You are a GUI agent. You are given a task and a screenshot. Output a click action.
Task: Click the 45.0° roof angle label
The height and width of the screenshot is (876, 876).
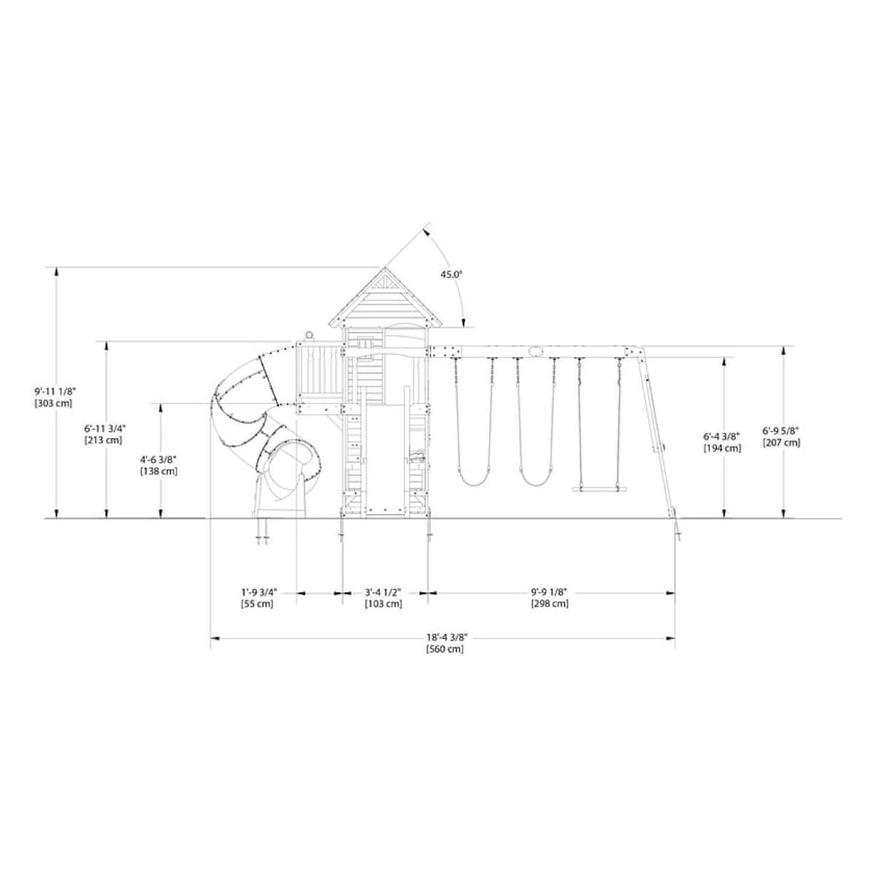[450, 274]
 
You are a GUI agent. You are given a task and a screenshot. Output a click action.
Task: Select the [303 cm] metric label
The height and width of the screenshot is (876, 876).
[53, 402]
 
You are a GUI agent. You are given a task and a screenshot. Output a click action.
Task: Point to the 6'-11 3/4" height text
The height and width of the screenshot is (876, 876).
[105, 428]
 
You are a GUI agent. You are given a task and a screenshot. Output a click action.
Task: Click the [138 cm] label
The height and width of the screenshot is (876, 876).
[158, 471]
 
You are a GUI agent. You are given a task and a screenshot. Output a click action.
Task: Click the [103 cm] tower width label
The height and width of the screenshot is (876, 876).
[383, 604]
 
